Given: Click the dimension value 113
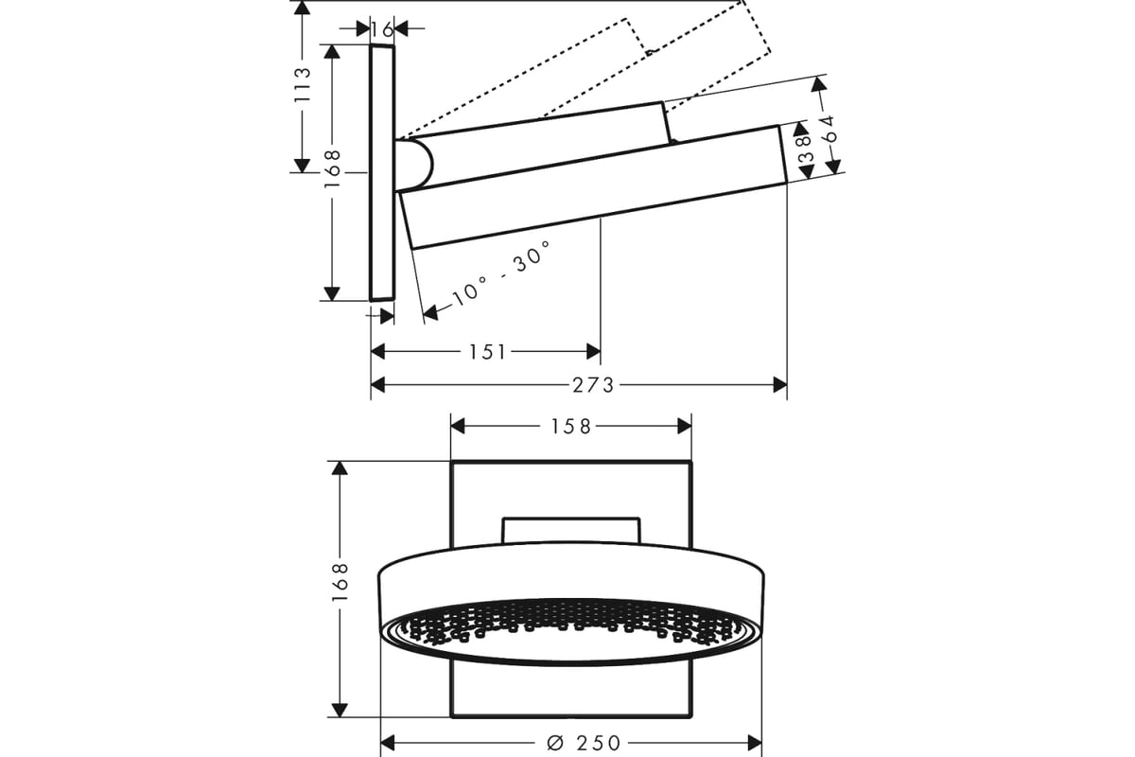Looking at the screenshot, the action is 302,84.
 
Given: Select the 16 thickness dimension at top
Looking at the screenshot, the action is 382,30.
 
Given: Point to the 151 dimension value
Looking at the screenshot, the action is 487,352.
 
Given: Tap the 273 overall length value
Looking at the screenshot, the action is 593,385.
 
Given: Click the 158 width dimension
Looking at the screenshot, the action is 571,427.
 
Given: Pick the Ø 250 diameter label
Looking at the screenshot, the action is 584,744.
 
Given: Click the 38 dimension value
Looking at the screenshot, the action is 806,149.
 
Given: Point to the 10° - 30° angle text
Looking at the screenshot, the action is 501,273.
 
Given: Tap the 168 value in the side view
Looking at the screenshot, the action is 332,169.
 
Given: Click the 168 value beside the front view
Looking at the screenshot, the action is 340,582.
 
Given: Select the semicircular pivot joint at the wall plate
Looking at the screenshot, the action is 414,166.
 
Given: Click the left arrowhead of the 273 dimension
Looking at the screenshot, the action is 377,385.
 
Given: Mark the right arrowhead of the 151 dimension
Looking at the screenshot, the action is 593,351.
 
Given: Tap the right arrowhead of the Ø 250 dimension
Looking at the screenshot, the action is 755,744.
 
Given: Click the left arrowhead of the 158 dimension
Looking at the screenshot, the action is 458,427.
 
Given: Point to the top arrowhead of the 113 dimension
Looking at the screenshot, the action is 302,9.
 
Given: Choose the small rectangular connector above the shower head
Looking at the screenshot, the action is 571,531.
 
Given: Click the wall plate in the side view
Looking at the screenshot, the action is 382,173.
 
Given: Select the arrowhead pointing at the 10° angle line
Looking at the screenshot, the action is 430,312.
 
